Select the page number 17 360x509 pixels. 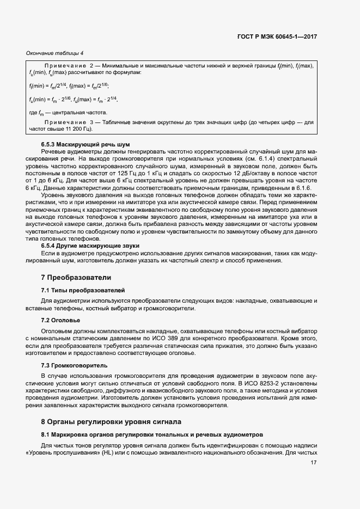click(x=313, y=463)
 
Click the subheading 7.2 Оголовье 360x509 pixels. click(x=60, y=320)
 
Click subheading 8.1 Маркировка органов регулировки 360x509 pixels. click(x=152, y=434)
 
